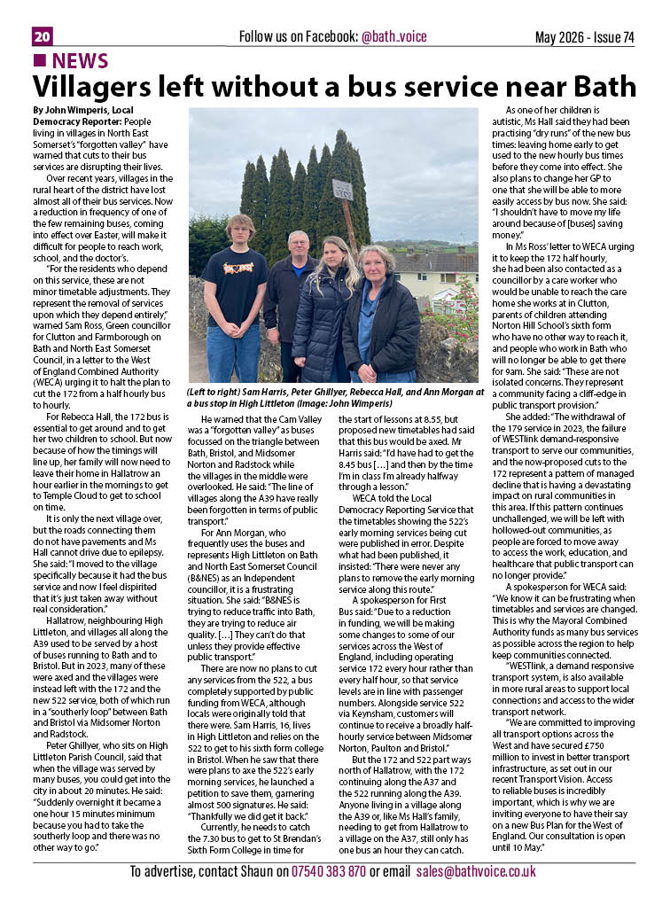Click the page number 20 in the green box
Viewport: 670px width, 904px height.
point(42,36)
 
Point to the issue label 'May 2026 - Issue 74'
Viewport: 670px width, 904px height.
point(585,36)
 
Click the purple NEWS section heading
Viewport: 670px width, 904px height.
point(80,61)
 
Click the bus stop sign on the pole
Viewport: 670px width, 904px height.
point(342,189)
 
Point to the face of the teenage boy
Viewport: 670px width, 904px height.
point(240,230)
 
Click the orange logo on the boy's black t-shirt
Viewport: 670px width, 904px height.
point(234,268)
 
